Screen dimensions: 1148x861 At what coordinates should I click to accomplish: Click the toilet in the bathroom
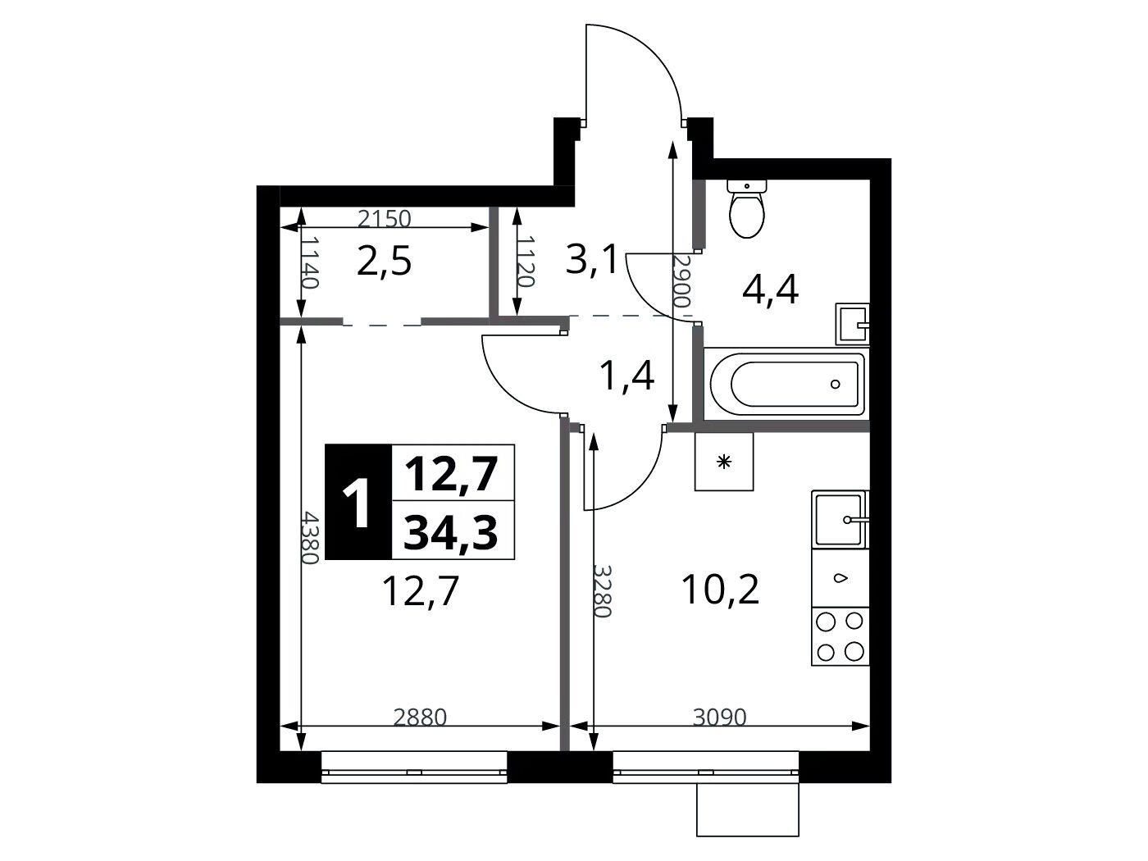click(x=746, y=208)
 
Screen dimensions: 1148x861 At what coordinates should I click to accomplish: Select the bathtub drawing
click(x=786, y=383)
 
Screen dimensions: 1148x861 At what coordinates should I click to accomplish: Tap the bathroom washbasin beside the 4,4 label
click(x=852, y=324)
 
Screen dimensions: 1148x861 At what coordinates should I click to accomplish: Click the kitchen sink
click(x=840, y=519)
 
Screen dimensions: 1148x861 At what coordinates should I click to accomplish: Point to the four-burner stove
click(x=840, y=636)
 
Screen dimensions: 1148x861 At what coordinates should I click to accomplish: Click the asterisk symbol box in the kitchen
click(x=724, y=461)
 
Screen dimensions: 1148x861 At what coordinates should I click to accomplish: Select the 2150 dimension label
click(x=385, y=219)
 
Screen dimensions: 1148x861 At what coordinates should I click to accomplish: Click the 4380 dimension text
click(x=310, y=537)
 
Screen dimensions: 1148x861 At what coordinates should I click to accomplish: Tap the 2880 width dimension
click(x=420, y=717)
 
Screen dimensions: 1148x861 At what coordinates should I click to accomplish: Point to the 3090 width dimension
click(x=719, y=717)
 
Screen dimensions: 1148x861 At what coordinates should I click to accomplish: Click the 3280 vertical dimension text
click(x=603, y=591)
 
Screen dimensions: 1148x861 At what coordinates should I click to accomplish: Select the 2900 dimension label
click(x=682, y=280)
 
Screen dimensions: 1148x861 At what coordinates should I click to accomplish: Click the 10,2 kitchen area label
click(x=721, y=590)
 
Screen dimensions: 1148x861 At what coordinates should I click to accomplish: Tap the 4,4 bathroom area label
click(x=770, y=290)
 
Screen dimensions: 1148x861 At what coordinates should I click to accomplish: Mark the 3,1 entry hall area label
click(x=591, y=260)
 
